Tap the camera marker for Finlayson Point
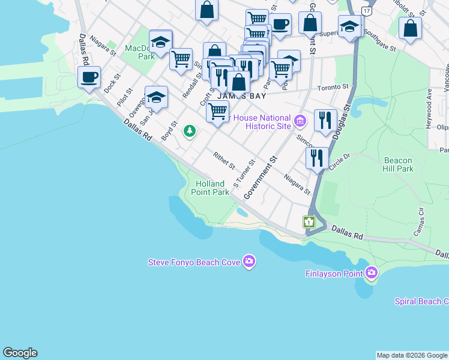coord(372,274)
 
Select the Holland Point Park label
coord(209,188)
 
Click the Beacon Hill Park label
coord(397,164)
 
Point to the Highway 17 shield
coord(366,11)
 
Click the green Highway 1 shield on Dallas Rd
coord(309,222)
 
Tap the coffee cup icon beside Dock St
coord(89,77)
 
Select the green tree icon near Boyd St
coord(190,130)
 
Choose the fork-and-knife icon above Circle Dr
coord(316,158)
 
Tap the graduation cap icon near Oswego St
coord(156,97)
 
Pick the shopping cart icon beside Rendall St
coord(181,59)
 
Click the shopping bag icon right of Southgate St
coord(410,28)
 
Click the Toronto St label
coord(333,87)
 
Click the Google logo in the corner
coord(20,353)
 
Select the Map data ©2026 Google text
coord(412,355)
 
